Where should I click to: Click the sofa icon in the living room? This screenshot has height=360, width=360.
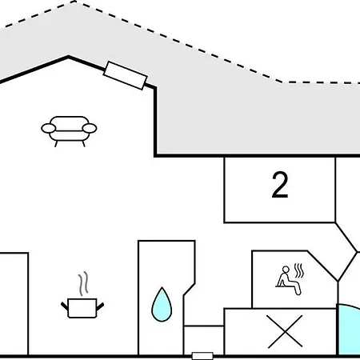point(69,131)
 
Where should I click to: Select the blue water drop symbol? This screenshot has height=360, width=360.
point(162,305)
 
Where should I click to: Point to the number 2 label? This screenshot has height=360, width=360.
point(280,185)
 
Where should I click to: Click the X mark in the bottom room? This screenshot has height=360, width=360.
point(285,331)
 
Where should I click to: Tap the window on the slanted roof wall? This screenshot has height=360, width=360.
point(126,75)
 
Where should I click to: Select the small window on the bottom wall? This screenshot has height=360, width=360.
point(202,356)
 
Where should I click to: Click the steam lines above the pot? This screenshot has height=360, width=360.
point(83,283)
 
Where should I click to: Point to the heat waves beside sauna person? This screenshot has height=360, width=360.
point(299,270)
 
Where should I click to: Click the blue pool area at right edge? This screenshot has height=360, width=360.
point(350,330)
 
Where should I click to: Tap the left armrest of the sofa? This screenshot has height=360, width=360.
point(49,128)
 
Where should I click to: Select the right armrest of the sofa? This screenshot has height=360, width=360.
point(90,128)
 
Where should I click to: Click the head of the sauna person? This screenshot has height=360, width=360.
point(286,270)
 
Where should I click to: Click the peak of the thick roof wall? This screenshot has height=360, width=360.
point(68,57)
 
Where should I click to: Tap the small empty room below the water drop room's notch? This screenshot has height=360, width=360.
point(204,340)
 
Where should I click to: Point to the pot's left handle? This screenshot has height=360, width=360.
point(65,306)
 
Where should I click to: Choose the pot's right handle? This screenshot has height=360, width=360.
point(100,306)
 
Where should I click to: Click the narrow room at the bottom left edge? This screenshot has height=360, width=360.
point(14,304)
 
